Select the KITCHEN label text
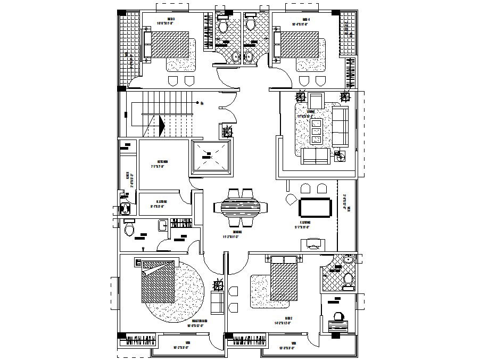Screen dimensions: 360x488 coord(162,161)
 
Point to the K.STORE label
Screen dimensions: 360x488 coord(162,202)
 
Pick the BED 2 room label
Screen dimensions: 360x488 coord(288,317)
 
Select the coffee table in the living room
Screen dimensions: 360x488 coord(316,130)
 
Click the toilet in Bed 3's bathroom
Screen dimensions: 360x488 coord(223,26)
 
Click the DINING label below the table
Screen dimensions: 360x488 coord(237,232)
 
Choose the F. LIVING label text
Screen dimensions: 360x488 coord(305,223)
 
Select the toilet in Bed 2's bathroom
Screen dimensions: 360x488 coord(349,279)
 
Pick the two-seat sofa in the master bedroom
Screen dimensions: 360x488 coord(218,302)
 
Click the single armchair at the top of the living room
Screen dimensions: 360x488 coord(316,100)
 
